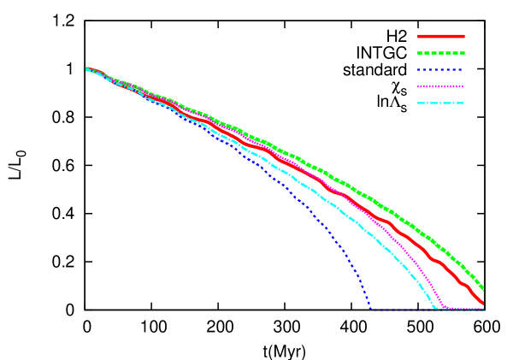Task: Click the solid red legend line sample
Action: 440,37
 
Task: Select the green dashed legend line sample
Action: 440,53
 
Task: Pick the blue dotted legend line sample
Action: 440,70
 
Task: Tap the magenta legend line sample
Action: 440,86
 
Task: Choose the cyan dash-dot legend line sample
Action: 440,103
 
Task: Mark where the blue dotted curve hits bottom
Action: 370,308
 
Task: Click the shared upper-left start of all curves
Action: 85,68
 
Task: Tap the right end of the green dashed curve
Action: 485,289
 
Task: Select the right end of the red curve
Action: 484,302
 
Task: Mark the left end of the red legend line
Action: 418,37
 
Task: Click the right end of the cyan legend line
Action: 463,103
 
